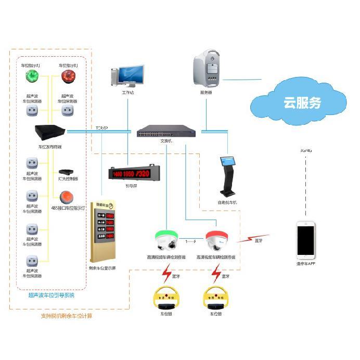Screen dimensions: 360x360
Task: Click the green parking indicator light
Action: point(31,77)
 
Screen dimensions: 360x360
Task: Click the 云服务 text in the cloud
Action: point(302,102)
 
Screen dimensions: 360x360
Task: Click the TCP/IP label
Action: point(101,127)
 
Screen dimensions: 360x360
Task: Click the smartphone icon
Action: point(306,241)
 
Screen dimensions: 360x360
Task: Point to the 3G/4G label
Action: point(306,150)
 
